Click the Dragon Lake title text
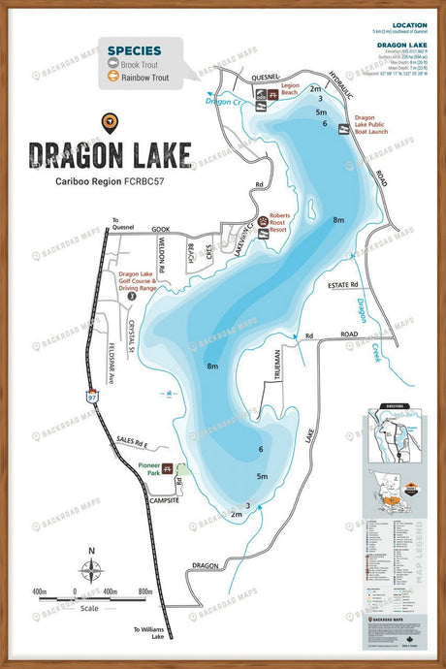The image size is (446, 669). [x=109, y=155]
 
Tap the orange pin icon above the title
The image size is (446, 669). [x=109, y=122]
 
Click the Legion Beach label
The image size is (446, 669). [x=290, y=87]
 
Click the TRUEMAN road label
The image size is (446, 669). [x=274, y=368]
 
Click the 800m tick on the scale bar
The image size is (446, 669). [x=145, y=590]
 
